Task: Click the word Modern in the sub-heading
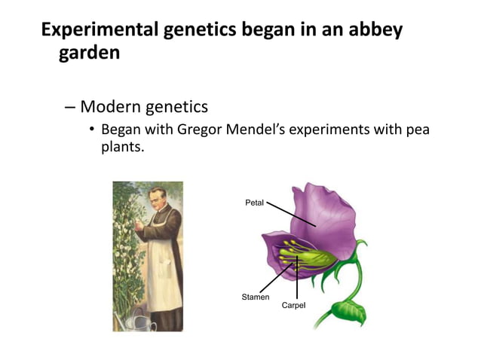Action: click(112, 106)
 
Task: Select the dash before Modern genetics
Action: click(69, 106)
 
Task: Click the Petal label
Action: click(254, 203)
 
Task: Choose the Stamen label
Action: click(255, 297)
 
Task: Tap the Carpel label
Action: click(293, 305)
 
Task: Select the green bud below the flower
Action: click(348, 308)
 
